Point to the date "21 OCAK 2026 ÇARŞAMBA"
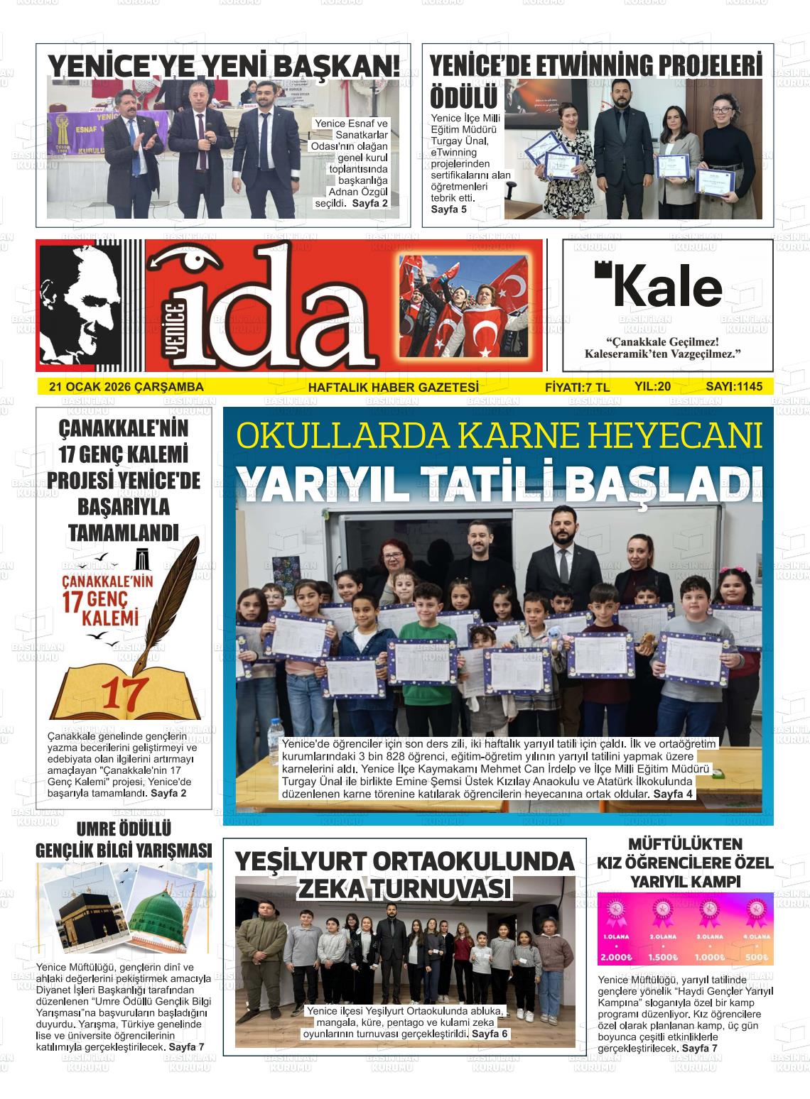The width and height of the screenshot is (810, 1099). coord(126,387)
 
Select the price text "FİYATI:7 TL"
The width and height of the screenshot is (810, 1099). coord(577,387)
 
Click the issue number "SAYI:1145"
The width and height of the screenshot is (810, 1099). coord(733,386)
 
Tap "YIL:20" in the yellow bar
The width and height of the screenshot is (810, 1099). coord(652,386)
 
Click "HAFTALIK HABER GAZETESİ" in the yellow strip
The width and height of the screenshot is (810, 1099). coord(393,387)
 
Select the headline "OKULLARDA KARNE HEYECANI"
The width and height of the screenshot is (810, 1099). coord(499,436)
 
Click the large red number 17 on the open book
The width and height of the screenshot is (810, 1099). coord(125,693)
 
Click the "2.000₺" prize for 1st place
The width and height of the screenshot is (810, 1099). coord(615,956)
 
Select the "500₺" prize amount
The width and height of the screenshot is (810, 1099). coord(756,956)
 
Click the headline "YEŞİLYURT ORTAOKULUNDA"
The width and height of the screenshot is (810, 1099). coord(404,862)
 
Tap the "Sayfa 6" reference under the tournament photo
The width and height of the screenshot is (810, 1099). coord(490,1034)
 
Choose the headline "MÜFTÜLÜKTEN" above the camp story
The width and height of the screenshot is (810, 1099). coord(685,845)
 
